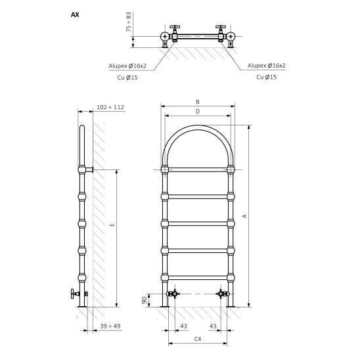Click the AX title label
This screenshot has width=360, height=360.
point(75,14)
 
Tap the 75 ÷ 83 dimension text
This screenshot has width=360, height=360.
point(129,22)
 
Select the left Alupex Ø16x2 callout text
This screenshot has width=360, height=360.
point(127,66)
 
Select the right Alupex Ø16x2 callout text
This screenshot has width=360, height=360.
point(266,66)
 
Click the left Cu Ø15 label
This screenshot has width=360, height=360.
point(127,78)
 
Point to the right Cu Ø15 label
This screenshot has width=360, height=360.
point(266,77)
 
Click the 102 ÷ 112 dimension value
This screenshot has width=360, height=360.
point(110,107)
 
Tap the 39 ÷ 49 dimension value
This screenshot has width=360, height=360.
point(110,326)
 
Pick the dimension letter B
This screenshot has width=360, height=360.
point(198,102)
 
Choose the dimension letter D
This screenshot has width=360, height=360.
point(198,112)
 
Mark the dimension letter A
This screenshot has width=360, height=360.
point(245,216)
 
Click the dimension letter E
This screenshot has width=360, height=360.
point(112,225)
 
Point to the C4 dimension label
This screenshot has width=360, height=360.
point(198,339)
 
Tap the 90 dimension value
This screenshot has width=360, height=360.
point(145,300)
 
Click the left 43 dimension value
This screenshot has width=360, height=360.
point(184,326)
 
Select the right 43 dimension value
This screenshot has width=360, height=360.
point(213,326)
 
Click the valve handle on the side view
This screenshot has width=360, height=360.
point(75,294)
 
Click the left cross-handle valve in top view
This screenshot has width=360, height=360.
point(175,33)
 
